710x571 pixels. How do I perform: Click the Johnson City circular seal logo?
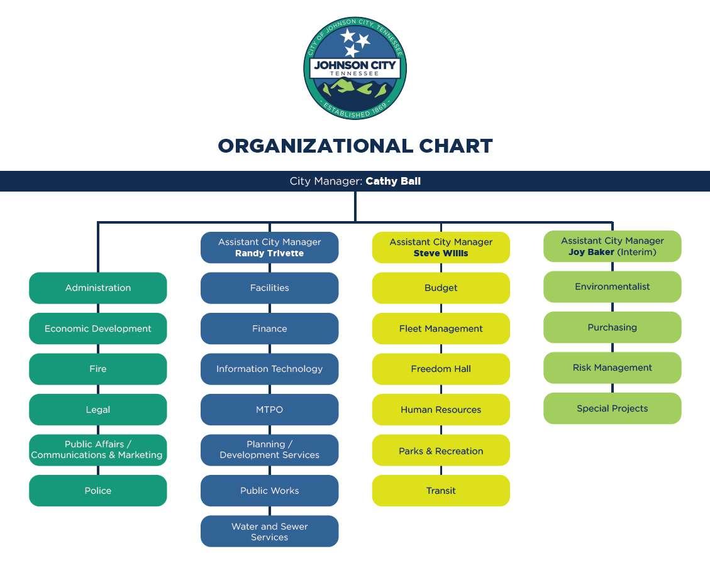(355, 69)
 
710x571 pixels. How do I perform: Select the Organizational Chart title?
(355, 146)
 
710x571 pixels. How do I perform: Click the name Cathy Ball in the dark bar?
(393, 182)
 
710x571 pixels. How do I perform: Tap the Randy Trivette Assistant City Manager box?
(269, 247)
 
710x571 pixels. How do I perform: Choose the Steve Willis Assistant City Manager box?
(441, 247)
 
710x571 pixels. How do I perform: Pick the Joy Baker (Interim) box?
(612, 246)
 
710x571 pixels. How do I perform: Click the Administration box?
(98, 288)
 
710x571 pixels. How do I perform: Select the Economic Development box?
(98, 329)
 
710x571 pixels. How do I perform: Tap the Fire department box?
(98, 369)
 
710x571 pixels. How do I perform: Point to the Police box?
(98, 491)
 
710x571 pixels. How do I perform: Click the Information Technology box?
(269, 369)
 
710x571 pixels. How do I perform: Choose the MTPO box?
(269, 410)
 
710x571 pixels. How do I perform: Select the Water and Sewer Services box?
(269, 531)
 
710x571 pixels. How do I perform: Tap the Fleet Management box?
(441, 329)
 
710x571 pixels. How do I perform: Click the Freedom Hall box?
(441, 369)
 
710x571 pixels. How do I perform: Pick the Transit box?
(441, 491)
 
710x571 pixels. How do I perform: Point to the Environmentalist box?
(612, 286)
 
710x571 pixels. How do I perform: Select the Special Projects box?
(612, 408)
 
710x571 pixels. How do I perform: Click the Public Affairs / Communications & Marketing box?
(98, 450)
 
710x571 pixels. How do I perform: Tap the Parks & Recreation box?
(441, 450)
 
